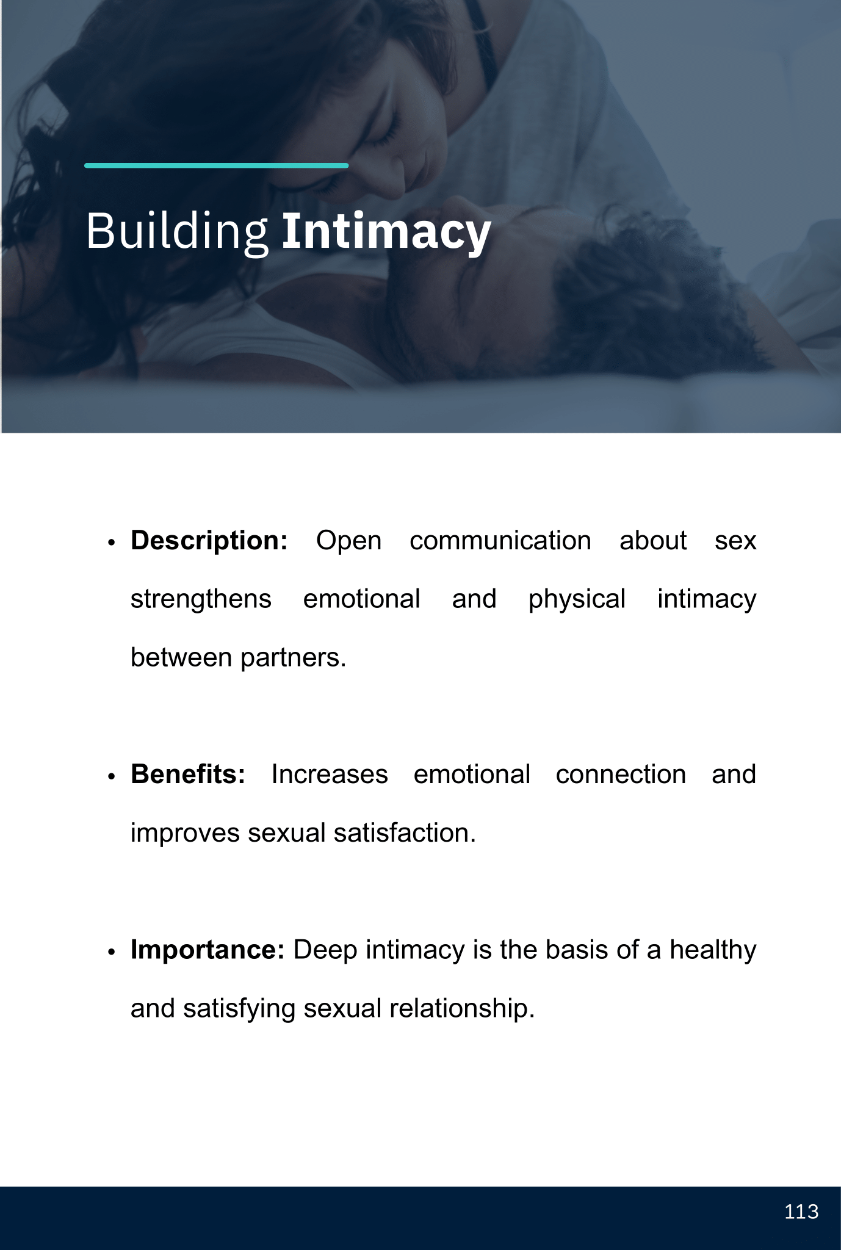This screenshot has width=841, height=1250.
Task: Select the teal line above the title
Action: [x=217, y=165]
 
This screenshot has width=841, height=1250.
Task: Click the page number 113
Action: [x=801, y=1212]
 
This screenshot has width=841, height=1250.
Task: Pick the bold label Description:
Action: [x=209, y=541]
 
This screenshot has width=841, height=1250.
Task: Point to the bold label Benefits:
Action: [x=188, y=775]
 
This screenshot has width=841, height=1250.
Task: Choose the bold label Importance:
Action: [x=208, y=950]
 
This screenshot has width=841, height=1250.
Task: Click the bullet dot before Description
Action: [x=111, y=543]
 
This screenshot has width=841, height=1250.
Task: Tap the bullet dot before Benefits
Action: [x=111, y=776]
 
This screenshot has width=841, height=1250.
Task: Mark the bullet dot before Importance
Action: [x=111, y=952]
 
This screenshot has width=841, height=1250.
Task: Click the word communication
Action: [x=500, y=541]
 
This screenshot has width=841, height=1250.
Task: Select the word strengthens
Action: [x=201, y=599]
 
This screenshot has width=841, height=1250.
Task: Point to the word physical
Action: [x=577, y=599]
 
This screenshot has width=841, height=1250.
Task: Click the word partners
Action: [x=293, y=658]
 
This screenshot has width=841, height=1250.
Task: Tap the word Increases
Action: [x=330, y=775]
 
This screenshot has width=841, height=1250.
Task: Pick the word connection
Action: [x=621, y=775]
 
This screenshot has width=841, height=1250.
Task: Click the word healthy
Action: [x=713, y=950]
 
